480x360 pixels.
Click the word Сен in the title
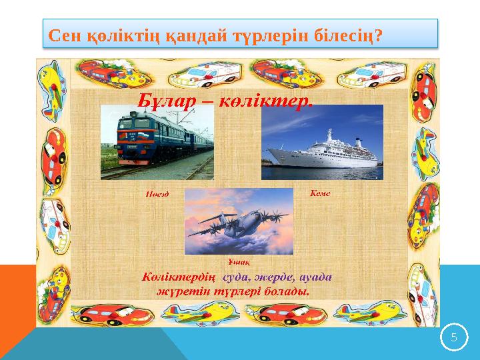[65, 34]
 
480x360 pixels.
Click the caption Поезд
[157, 195]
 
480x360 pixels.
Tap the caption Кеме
[321, 193]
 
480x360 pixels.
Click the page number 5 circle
[453, 337]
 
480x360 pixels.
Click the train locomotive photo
[157, 142]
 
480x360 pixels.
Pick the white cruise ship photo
[322, 143]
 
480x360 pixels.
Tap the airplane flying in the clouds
[238, 221]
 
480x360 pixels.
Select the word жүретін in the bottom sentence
[180, 291]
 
